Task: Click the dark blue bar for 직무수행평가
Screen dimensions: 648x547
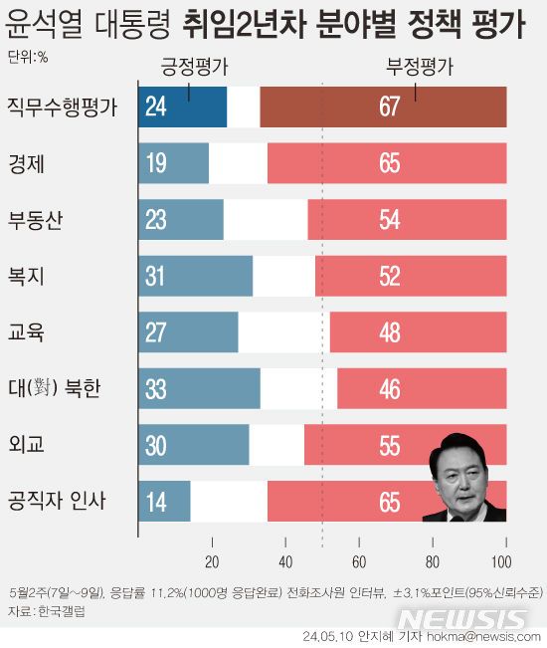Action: [184, 108]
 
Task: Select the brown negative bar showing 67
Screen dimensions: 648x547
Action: [383, 108]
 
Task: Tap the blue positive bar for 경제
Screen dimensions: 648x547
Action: [174, 163]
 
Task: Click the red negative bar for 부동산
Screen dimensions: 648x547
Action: [407, 219]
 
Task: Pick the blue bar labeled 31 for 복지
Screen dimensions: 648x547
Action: [196, 276]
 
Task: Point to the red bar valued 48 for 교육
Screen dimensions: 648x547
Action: [418, 331]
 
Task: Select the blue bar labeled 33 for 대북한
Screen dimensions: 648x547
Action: [200, 388]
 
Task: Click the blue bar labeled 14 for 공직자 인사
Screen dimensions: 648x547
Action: [165, 501]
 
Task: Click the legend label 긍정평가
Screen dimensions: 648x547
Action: [194, 68]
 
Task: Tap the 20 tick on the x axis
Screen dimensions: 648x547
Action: [212, 557]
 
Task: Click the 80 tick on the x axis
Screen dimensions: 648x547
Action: [433, 557]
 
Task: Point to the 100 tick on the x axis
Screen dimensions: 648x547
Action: [505, 557]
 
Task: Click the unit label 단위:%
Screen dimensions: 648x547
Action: [27, 57]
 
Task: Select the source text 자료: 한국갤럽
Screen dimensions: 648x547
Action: [46, 610]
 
